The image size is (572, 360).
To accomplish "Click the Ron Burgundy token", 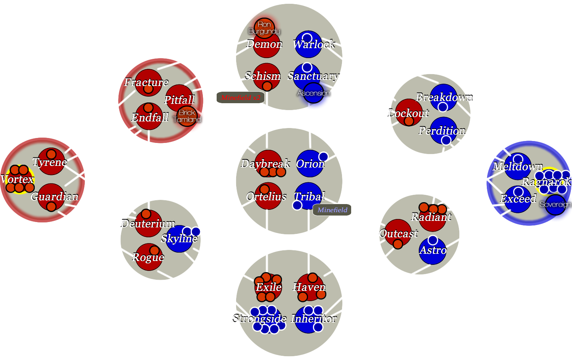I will click(264, 28).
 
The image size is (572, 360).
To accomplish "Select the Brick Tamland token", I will click(187, 116).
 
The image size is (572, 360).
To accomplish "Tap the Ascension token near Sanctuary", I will click(313, 93).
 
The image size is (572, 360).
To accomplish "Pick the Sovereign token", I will click(555, 204).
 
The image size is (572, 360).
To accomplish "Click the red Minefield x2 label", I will click(240, 98).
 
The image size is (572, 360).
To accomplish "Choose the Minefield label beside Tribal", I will click(332, 210).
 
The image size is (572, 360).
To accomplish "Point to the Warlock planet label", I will click(314, 44).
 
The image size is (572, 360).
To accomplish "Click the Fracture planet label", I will click(146, 82).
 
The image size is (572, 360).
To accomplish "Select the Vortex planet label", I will click(17, 179).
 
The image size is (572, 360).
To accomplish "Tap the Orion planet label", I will click(310, 164).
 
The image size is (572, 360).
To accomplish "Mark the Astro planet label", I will click(433, 250).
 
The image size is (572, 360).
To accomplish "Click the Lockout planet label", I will click(408, 113).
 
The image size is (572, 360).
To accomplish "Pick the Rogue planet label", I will click(148, 257).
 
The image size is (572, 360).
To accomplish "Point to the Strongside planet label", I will click(260, 318).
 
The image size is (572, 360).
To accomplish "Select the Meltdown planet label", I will click(517, 166).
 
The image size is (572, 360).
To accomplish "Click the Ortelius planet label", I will click(266, 196).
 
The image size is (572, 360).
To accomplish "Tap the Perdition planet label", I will click(442, 131).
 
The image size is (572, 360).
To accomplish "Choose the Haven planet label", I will click(309, 287).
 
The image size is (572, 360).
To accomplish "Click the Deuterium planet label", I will click(148, 223).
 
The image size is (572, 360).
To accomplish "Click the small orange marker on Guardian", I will click(51, 207).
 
